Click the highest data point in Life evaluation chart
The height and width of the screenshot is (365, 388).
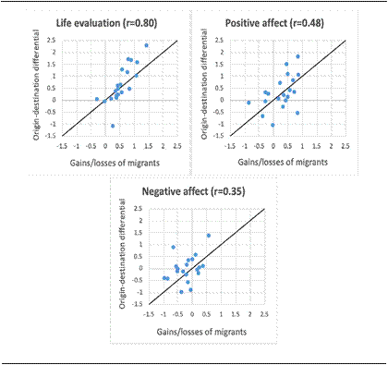click(146, 45)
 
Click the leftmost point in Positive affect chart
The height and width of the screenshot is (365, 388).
click(249, 103)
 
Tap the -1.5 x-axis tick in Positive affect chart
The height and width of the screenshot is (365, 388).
click(235, 146)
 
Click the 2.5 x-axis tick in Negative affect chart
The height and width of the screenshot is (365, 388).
click(265, 314)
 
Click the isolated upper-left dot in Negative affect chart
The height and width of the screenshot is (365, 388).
click(173, 247)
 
